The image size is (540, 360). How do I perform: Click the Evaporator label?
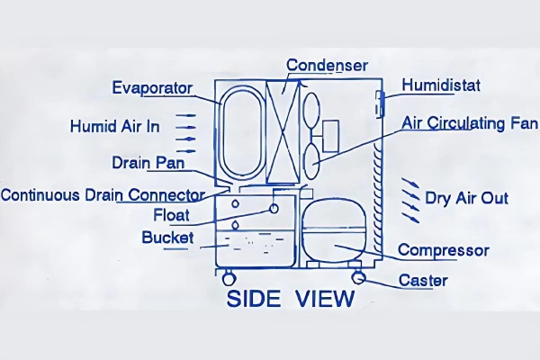tap(152, 87)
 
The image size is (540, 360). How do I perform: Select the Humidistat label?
tap(442, 86)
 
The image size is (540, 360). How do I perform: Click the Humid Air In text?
tap(115, 126)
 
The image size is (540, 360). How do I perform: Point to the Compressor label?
tap(443, 249)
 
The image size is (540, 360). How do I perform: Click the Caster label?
tap(423, 281)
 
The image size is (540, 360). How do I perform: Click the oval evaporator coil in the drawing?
tap(240, 130)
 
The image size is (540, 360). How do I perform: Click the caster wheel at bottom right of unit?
tap(358, 276)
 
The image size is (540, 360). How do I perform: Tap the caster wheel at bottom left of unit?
tap(229, 276)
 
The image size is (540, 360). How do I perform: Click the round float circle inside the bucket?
tap(270, 210)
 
